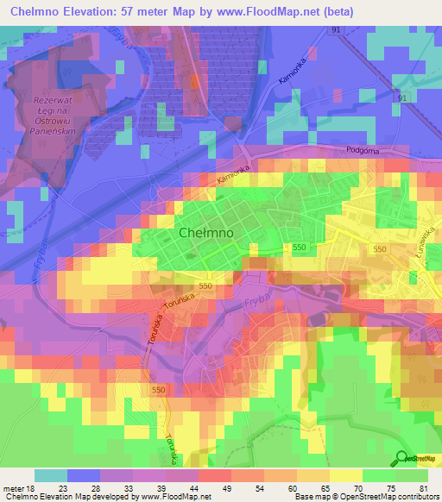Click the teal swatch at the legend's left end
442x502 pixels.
point(51,475)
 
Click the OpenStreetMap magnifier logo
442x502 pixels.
point(402,459)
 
